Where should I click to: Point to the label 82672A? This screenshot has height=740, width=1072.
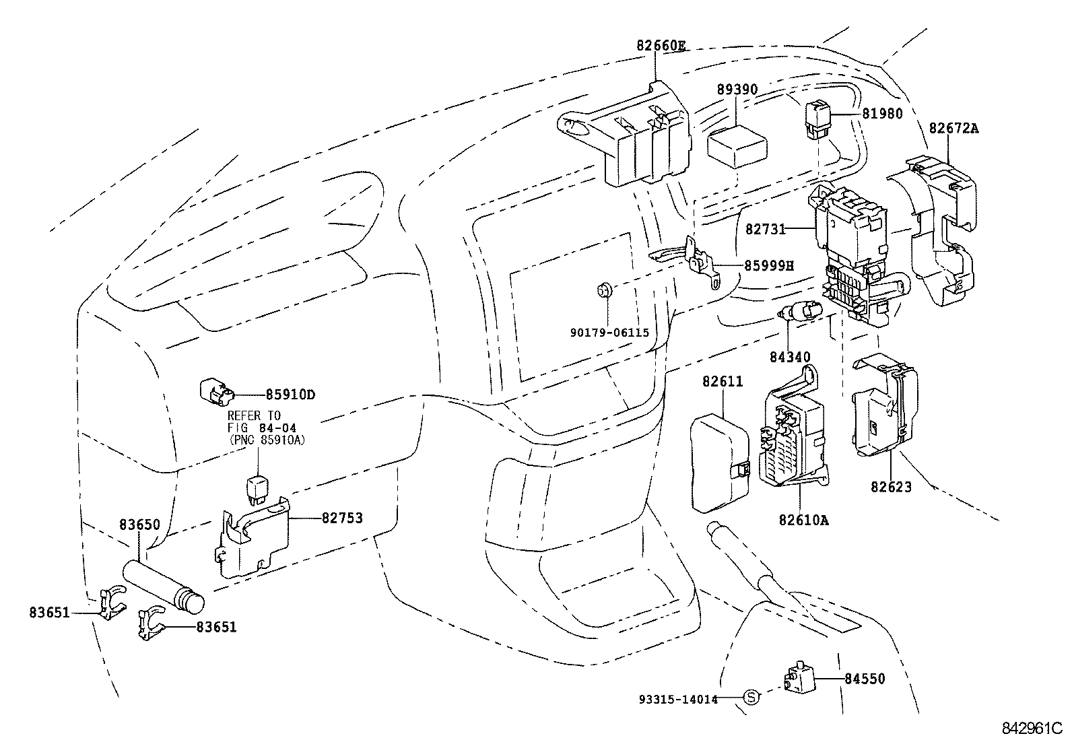click(x=953, y=127)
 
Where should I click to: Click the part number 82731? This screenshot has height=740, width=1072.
click(x=766, y=229)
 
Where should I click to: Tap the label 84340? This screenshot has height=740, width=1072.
click(x=790, y=357)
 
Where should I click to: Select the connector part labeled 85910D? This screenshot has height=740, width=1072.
click(x=215, y=392)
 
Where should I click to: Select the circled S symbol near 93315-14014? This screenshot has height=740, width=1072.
click(x=751, y=698)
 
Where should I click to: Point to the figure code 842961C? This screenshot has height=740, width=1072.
click(x=1031, y=728)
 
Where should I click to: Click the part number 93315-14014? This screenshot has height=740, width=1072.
click(x=677, y=699)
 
